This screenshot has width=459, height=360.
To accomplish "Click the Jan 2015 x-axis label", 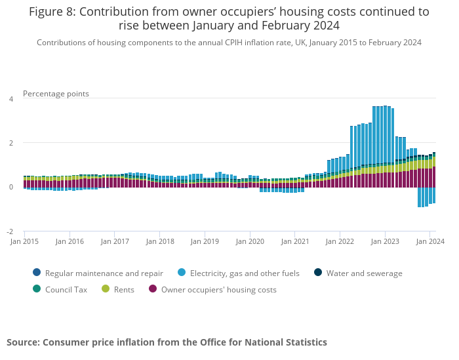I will pos(25,241).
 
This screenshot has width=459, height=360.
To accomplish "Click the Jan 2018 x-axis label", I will pos(161,241).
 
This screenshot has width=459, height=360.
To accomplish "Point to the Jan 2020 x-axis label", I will pos(250,241).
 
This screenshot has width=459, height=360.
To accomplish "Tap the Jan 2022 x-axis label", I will pos(341,241).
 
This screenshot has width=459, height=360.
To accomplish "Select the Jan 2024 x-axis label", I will pos(431,241).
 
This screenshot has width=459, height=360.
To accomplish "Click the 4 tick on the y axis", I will pos(10,99).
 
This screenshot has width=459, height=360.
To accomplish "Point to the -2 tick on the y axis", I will pos(10,231).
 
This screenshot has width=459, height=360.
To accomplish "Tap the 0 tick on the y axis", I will pos(10,187).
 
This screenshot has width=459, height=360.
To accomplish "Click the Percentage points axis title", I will pos(56,94).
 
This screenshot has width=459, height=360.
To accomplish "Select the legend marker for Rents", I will pos(105,289).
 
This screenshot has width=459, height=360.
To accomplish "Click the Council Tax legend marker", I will pos(36,289).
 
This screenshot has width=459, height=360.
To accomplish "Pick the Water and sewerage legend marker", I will pos(317,273).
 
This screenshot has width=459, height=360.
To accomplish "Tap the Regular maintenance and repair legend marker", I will pos(36,273).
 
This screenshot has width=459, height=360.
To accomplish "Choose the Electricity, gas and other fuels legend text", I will pos(245,273).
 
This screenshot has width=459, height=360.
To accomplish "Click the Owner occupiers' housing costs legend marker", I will pos(153,289).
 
